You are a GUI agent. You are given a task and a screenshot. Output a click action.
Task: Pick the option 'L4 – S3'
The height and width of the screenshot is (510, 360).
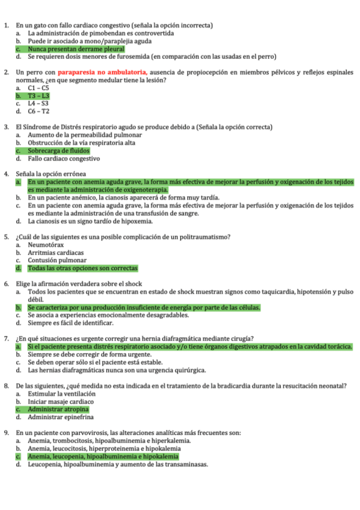coord(38,103)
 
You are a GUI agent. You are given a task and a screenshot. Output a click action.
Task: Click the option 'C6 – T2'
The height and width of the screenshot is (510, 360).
coord(38,111)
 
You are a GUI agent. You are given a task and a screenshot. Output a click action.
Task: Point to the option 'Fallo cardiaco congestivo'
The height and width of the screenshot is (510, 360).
coord(63,159)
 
